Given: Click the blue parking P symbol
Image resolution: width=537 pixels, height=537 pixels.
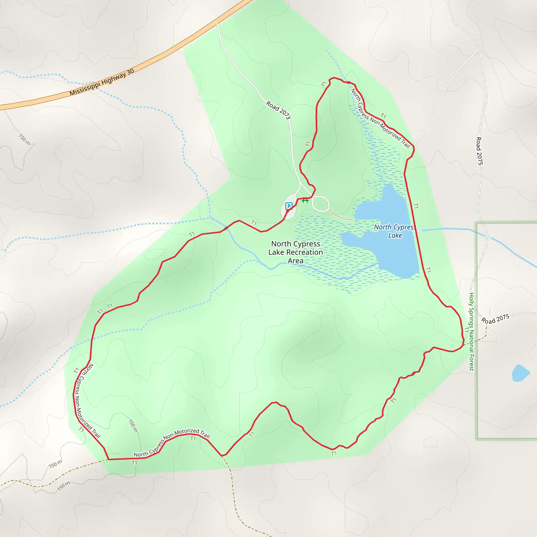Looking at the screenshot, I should pos(289,206).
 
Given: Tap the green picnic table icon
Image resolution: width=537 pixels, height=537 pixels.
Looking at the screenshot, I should pos(305,200).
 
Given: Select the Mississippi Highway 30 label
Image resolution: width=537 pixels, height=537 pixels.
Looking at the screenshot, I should pos(102,82).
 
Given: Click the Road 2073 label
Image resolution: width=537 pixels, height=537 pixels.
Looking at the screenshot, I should pos(278,110).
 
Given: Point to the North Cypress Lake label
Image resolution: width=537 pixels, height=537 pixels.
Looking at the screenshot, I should pos(395,231).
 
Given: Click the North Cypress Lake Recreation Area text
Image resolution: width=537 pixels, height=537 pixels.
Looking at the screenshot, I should pos(296,252).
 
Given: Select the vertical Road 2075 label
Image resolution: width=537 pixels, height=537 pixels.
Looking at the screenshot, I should pos(480,151).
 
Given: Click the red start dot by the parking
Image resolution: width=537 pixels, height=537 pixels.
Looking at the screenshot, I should pos(287,211).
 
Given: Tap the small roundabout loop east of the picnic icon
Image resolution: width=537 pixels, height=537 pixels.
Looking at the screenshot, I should pos(321,204).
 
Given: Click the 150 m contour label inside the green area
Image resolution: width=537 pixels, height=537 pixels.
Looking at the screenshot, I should pos(133,426).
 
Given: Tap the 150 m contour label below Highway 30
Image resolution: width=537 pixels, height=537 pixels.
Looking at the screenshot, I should pos(24,139).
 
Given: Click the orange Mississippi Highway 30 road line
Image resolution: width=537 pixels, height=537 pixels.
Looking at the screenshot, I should pos(167,52).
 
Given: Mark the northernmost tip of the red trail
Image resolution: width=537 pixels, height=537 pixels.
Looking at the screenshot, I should pos(334,78).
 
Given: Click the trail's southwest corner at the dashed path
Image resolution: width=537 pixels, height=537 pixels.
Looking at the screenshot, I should pos(108,459).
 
